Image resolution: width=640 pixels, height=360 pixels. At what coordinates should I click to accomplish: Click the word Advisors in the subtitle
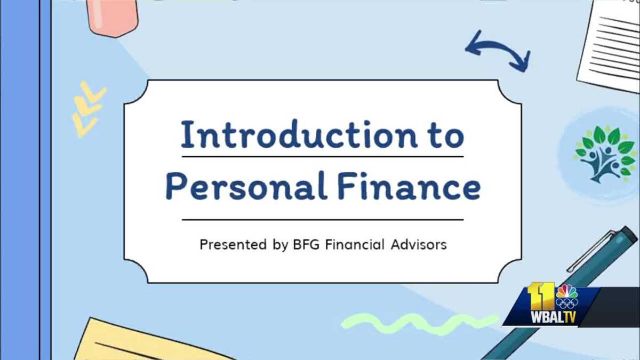pyautogui.click(x=418, y=245)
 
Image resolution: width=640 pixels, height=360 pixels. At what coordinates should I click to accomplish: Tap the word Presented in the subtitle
pyautogui.click(x=233, y=245)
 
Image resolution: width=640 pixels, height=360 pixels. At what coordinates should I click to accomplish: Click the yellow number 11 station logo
pyautogui.click(x=539, y=295)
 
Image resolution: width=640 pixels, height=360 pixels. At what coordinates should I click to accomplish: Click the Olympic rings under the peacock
pyautogui.click(x=566, y=303)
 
